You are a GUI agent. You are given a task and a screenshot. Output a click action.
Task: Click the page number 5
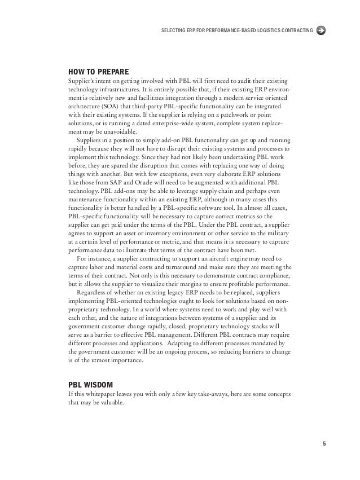[x=324, y=443]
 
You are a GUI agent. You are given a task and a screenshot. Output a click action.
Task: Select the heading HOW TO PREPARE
[x=98, y=72]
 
